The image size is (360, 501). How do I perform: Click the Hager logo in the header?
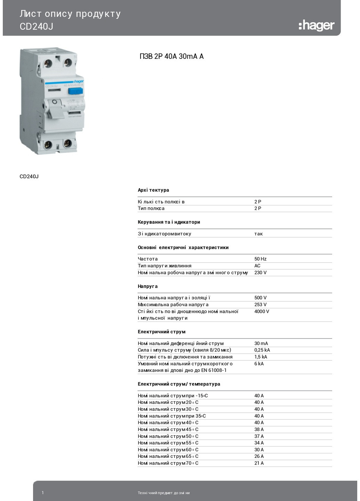pos(316,25)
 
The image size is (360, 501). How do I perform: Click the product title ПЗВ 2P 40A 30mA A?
pos(171,56)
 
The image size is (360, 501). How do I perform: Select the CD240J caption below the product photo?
pos(29,176)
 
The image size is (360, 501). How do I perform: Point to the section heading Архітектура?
pos(153,190)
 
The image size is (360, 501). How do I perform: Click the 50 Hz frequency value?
pos(260,259)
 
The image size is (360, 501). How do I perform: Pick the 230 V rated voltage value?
pos(260,272)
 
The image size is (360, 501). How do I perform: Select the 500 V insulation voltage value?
pos(260,298)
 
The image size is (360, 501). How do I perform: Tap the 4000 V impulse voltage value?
pos(262,311)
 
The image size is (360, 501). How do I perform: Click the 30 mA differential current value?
pos(261,343)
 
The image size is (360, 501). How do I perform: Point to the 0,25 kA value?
pos(262,350)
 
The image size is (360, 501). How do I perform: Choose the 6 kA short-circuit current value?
pos(259,364)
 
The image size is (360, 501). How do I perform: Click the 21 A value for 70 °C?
pos(259,463)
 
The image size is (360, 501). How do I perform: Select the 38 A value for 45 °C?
pos(259,429)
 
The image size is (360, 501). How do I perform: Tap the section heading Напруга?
pos(147,286)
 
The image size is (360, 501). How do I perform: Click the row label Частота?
pos(147,259)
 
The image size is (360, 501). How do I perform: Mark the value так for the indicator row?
pos(258,234)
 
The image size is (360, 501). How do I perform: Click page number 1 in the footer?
pos(43,493)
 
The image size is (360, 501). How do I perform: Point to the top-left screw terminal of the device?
pos(48,63)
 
